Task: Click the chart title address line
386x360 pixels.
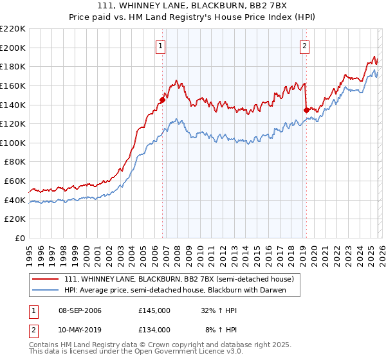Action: click(x=193, y=6)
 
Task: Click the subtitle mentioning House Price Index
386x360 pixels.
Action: click(x=193, y=17)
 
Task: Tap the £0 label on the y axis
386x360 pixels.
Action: click(x=19, y=239)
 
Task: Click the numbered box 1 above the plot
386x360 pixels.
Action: click(x=160, y=46)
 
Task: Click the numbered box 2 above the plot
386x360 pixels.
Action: click(x=304, y=46)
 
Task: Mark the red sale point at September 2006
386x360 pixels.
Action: click(x=162, y=100)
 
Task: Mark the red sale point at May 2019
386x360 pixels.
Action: click(x=306, y=110)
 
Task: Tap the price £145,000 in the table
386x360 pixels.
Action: click(x=154, y=310)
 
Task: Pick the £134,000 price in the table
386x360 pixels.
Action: click(x=154, y=329)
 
